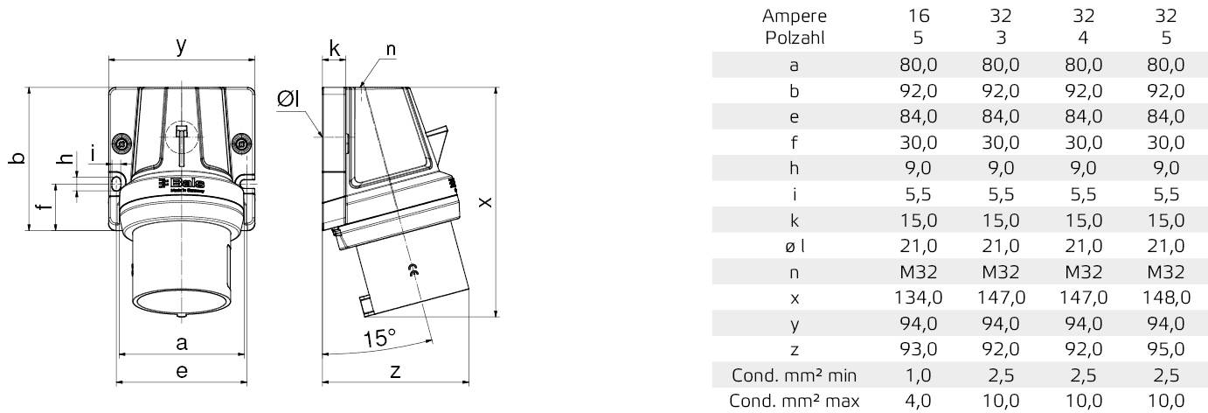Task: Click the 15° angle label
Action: (379, 337)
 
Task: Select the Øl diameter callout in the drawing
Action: (288, 101)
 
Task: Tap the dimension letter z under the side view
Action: (395, 371)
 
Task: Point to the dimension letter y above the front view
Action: (180, 46)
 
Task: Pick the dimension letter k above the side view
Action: (335, 47)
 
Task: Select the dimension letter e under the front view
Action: (181, 371)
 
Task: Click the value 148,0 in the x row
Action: (1165, 297)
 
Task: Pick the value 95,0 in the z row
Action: (1165, 349)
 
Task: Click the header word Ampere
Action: (795, 15)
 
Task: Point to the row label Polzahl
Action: (795, 38)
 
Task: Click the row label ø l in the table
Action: (795, 246)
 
